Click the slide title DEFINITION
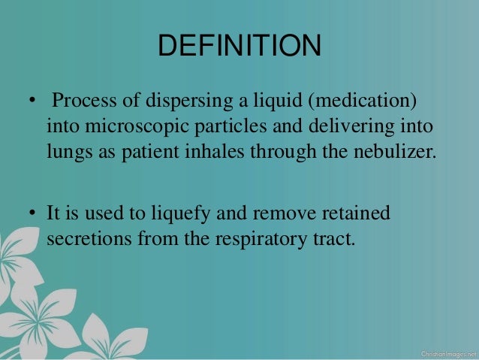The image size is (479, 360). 239,47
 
